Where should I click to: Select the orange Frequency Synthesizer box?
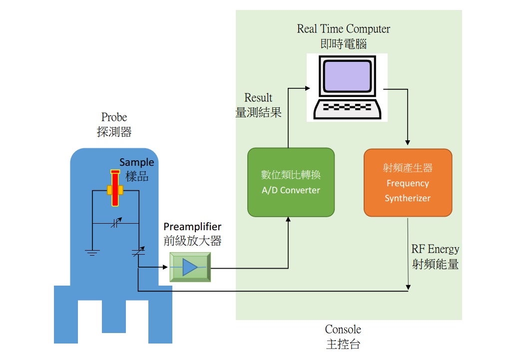tap(408, 182)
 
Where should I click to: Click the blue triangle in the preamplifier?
tap(190, 267)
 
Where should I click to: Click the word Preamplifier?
tap(192, 227)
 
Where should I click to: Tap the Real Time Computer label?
tap(343, 29)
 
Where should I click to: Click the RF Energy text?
tap(435, 249)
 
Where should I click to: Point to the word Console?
tap(343, 330)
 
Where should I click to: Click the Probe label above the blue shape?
tap(114, 117)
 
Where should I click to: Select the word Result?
tap(258, 97)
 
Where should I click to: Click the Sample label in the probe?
tap(137, 163)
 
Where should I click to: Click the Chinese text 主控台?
tap(343, 344)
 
